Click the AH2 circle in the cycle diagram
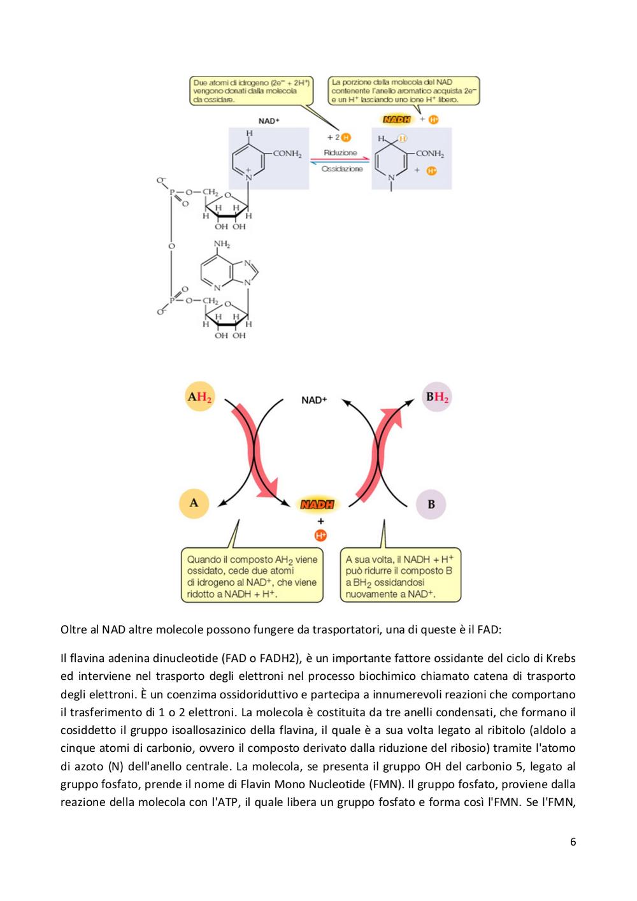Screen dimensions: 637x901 [199, 396]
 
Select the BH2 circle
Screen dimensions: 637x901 [437, 396]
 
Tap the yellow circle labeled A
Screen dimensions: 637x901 [194, 503]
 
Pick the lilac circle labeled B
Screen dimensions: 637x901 [431, 504]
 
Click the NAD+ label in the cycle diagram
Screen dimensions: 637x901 [314, 400]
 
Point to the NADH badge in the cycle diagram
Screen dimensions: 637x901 [317, 505]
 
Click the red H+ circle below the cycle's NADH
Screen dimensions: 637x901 [320, 536]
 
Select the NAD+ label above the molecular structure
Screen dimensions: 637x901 [269, 120]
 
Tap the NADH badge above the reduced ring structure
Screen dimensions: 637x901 [396, 119]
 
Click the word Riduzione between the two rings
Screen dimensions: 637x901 [340, 153]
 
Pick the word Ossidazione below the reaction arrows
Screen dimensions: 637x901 [342, 169]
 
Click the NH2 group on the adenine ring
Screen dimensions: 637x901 [222, 244]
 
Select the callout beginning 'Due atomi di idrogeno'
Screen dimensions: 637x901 [252, 91]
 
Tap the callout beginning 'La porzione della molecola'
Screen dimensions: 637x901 [404, 90]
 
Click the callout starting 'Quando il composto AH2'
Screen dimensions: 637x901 [252, 575]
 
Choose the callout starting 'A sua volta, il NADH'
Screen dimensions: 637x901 [401, 575]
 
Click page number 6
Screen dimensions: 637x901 [573, 842]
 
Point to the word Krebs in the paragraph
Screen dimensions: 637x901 [561, 658]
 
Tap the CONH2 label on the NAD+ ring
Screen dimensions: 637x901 [287, 154]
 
